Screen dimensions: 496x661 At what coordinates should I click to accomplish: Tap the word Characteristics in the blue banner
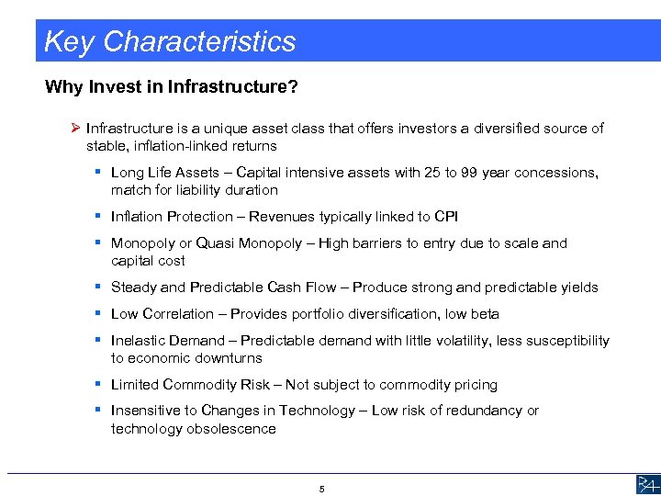click(x=199, y=42)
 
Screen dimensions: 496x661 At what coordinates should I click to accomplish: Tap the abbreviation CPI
click(x=446, y=217)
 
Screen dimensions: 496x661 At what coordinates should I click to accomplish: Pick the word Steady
click(x=134, y=287)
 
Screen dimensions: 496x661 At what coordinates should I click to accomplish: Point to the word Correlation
click(x=176, y=314)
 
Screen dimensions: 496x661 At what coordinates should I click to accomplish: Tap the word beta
click(x=484, y=314)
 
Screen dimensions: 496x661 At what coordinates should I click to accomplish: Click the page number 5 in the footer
click(x=322, y=490)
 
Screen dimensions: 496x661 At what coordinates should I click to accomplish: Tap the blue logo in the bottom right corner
click(x=645, y=485)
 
